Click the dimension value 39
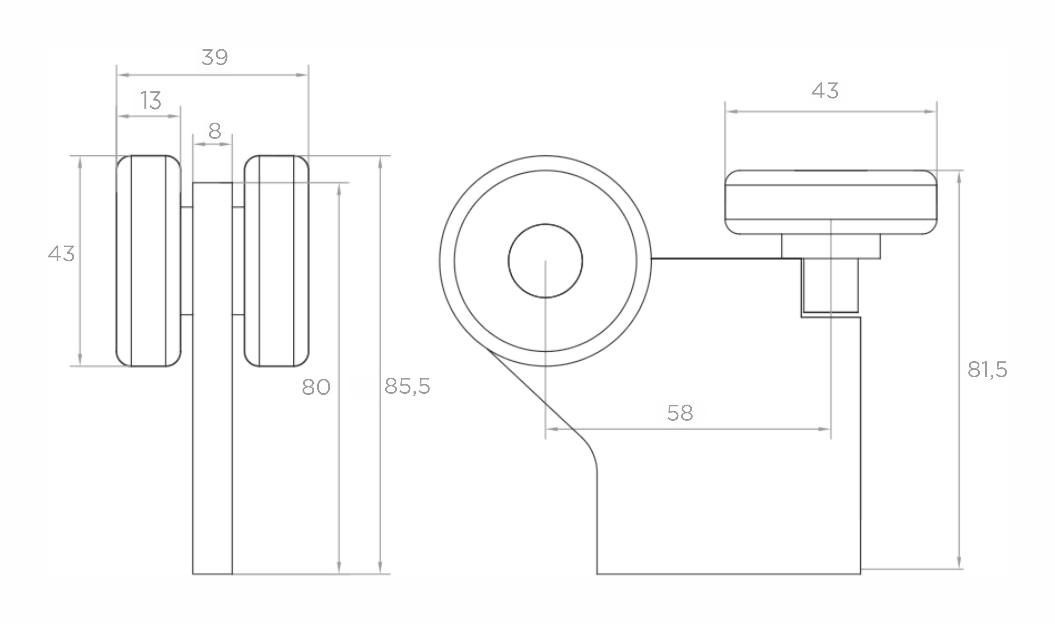click(215, 57)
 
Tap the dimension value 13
click(151, 100)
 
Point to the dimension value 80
click(316, 387)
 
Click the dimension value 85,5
click(407, 386)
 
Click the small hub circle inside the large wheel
click(545, 261)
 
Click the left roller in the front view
click(149, 261)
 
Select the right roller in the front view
click(276, 261)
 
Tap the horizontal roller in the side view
click(831, 202)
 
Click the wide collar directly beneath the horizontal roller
click(831, 246)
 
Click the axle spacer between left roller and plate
click(186, 261)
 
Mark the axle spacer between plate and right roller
click(238, 261)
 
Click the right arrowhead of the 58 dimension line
click(825, 429)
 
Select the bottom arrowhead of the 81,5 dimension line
click(959, 563)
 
